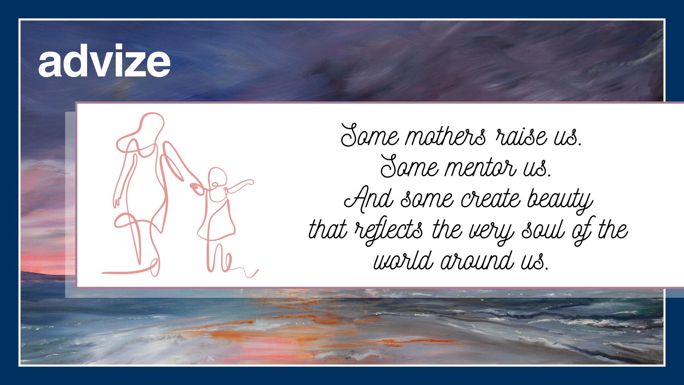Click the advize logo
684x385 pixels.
104,60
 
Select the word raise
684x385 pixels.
521,136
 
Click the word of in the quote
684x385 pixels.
583,230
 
